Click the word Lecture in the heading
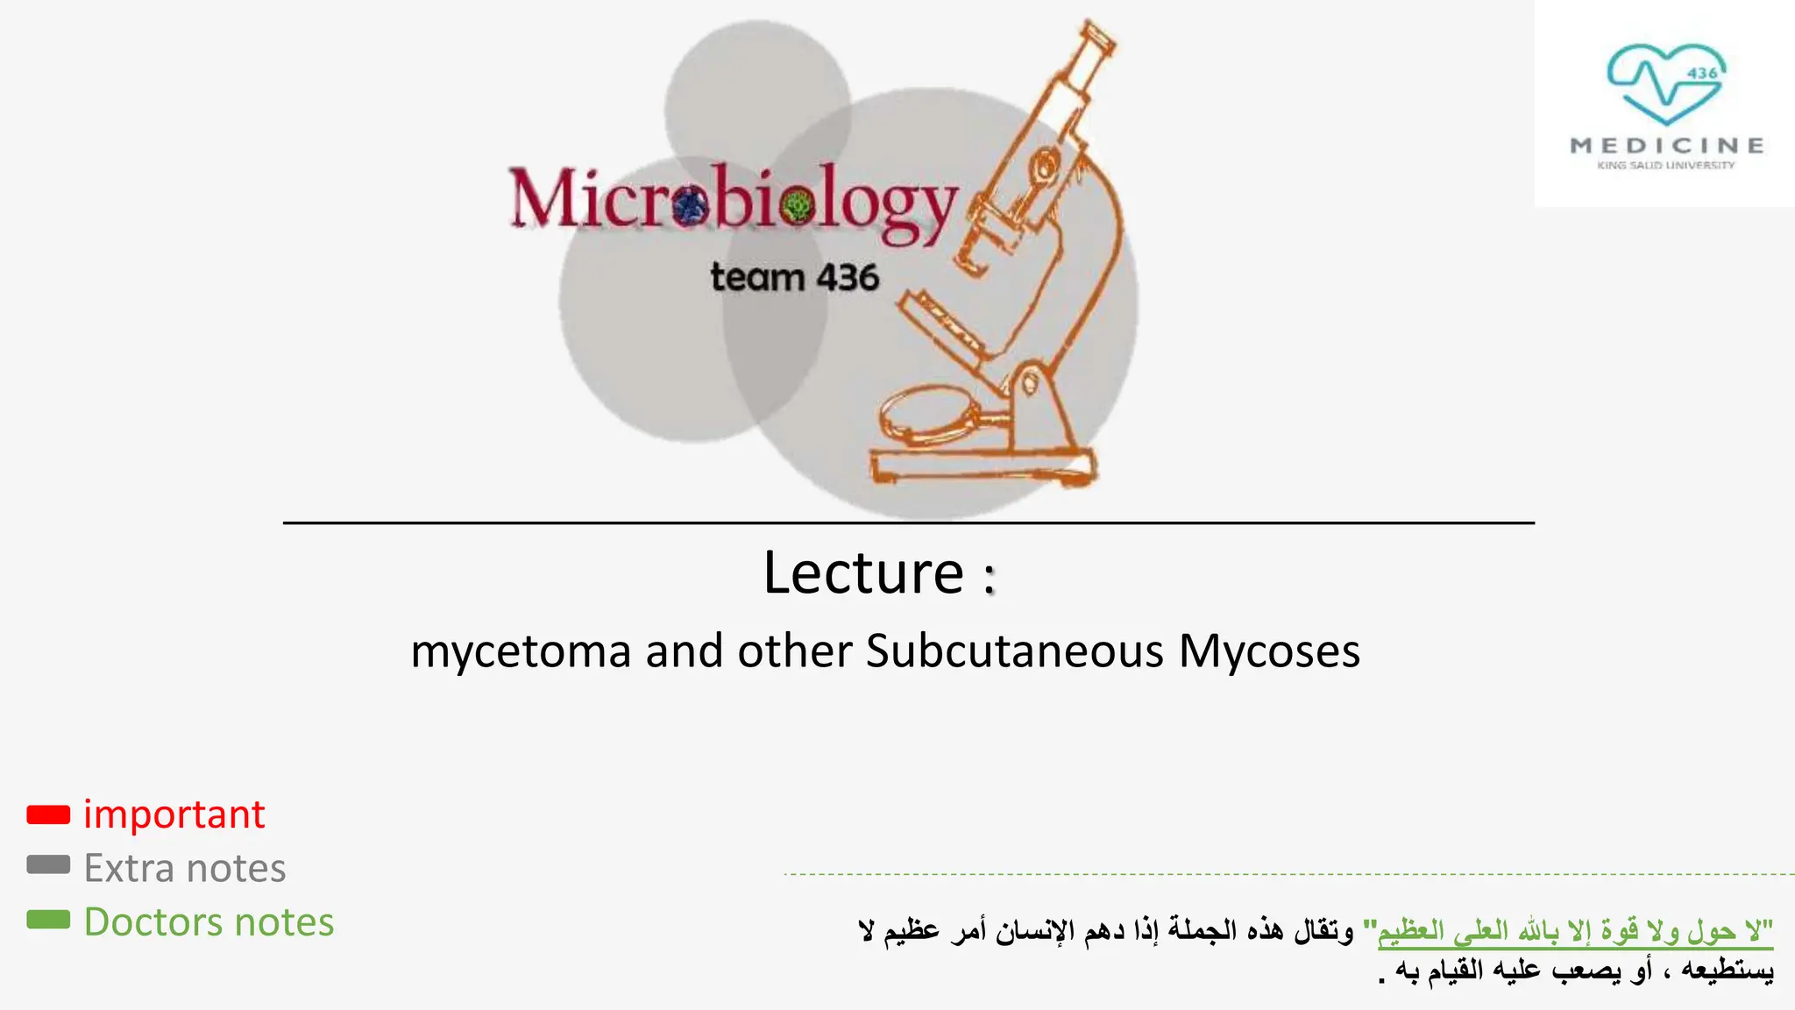pos(863,573)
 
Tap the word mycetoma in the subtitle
pos(521,651)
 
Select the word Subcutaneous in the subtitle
pos(1015,651)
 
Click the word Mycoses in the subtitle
pos(1269,651)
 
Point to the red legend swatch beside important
pos(48,814)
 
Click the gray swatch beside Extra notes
pos(48,865)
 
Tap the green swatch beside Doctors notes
pos(48,920)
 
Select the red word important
pos(174,814)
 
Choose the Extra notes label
pos(185,868)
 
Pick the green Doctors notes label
pos(209,922)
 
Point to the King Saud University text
pos(1666,165)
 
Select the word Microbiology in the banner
pos(733,201)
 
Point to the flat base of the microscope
pos(983,465)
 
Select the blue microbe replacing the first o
pos(692,207)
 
